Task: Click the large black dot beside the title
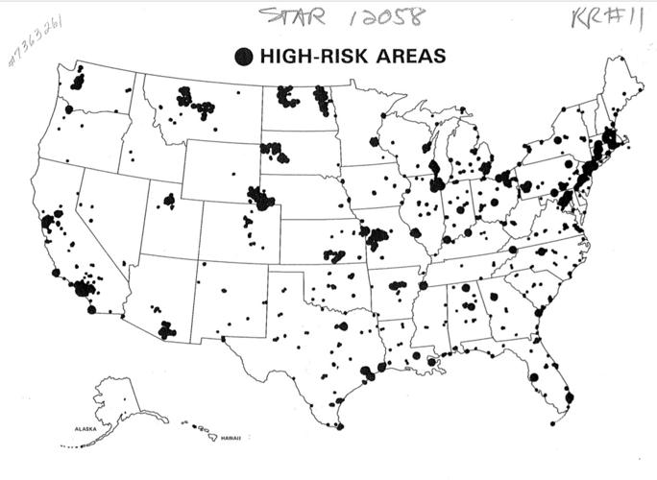244,57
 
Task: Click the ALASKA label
81,429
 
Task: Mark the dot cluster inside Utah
169,201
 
